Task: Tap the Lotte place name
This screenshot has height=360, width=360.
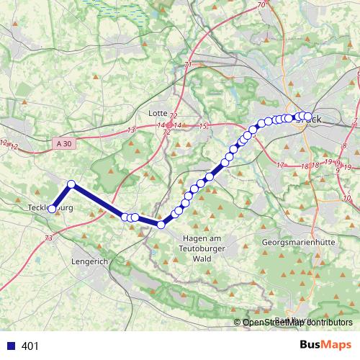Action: tap(157, 113)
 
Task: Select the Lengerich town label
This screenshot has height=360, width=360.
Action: tap(89, 263)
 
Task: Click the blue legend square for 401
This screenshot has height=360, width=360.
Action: tap(10, 346)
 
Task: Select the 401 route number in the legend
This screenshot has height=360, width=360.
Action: tap(31, 346)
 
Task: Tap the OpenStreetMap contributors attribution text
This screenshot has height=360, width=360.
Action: tap(297, 323)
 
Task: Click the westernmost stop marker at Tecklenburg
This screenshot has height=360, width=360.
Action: tap(51, 209)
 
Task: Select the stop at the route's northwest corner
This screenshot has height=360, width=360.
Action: tap(71, 184)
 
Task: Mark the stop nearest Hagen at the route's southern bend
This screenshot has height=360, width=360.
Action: tap(161, 225)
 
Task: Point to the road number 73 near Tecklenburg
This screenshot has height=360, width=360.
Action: tap(48, 238)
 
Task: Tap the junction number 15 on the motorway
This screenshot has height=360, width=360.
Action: tap(204, 127)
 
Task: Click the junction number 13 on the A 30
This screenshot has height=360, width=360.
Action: tap(130, 130)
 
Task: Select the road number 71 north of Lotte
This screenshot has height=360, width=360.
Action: tap(188, 66)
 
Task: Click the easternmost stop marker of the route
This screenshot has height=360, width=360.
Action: tap(308, 117)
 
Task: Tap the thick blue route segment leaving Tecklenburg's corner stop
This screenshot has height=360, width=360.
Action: tap(97, 199)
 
